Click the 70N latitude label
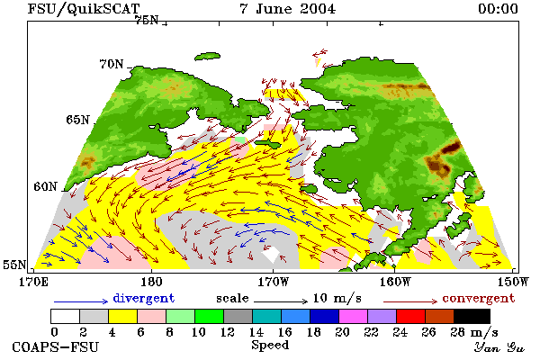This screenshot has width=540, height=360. pos(112,64)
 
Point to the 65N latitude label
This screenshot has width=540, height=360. pos(77,120)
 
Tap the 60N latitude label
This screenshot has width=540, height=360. pos(45,186)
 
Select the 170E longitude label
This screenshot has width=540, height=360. pos(33,282)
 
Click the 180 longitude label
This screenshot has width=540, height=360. pos(151,282)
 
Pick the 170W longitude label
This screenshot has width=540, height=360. pos(273,282)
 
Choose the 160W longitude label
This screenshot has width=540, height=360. pos(395,282)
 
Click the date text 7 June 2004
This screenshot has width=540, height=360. pos(288,9)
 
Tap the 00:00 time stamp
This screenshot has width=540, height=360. pos(498,9)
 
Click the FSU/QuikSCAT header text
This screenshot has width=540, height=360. pos(84,9)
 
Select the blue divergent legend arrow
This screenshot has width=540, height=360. pos(81,301)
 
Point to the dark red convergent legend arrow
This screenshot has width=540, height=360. pos(410,301)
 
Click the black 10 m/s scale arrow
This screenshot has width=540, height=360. pos(281,301)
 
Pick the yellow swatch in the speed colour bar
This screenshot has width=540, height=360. pos(122,316)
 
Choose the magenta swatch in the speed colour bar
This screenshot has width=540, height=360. pos(354,316)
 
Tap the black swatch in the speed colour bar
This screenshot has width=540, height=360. pos(472,316)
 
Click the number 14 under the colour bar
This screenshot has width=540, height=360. pos(256,332)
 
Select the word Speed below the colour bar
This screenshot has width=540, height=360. pos(270,346)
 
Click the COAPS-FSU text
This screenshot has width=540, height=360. pos(56,346)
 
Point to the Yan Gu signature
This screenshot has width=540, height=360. pos(499,347)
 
